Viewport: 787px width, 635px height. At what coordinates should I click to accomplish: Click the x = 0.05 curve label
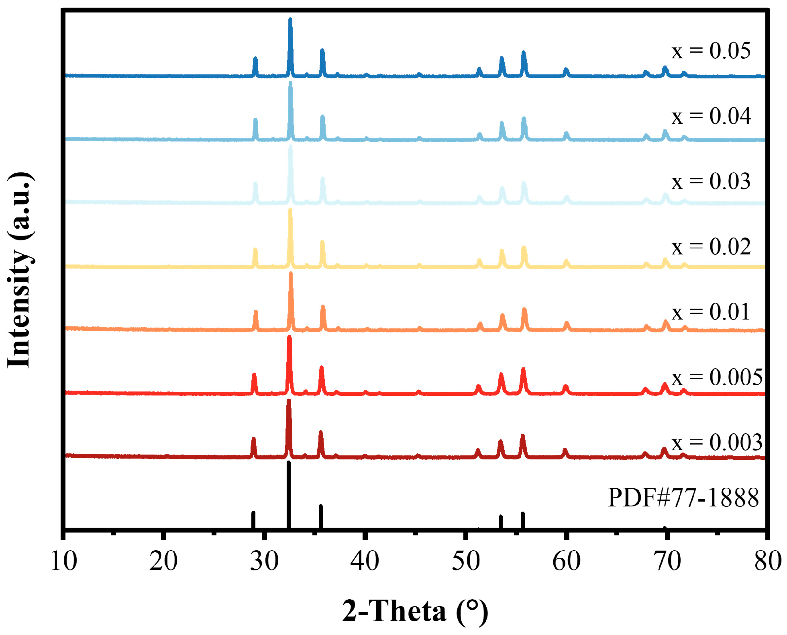pyautogui.click(x=710, y=51)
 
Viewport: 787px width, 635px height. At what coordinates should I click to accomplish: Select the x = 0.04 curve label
pyautogui.click(x=711, y=116)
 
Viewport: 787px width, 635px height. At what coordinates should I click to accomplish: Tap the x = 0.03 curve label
pyautogui.click(x=710, y=181)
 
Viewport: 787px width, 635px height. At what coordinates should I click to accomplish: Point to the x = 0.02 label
pyautogui.click(x=711, y=246)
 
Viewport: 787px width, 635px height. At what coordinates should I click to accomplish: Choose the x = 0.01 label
pyautogui.click(x=710, y=312)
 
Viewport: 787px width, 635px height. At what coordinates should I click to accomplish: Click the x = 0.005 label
pyautogui.click(x=717, y=377)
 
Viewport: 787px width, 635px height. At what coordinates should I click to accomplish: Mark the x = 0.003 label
pyautogui.click(x=717, y=442)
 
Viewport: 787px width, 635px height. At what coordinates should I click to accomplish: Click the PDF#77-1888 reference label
pyautogui.click(x=683, y=498)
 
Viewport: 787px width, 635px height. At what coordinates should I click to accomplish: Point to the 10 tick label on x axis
pyautogui.click(x=63, y=561)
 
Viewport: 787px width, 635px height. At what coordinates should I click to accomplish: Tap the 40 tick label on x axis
pyautogui.click(x=365, y=561)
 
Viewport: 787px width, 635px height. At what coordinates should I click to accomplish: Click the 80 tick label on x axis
pyautogui.click(x=767, y=561)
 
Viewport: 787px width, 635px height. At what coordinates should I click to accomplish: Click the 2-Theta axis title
pyautogui.click(x=415, y=611)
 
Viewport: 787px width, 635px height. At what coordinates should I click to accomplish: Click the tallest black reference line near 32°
pyautogui.click(x=289, y=494)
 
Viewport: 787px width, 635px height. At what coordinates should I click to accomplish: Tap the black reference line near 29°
pyautogui.click(x=253, y=520)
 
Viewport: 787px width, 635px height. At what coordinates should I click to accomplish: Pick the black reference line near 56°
pyautogui.click(x=523, y=520)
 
